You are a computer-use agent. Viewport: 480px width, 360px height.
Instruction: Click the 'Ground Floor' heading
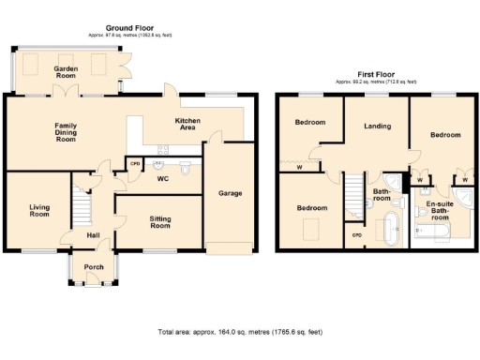tap(131, 29)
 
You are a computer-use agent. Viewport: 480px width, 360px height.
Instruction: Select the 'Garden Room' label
tap(66, 73)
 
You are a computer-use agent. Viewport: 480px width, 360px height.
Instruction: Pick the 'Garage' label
tap(231, 194)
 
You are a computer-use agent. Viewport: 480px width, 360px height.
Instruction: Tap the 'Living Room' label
tap(38, 209)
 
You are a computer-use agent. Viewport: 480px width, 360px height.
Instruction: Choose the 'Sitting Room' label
tap(160, 222)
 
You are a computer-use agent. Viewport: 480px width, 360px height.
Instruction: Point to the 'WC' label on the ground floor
tap(162, 178)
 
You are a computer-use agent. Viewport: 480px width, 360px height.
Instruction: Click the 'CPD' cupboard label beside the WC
tap(135, 165)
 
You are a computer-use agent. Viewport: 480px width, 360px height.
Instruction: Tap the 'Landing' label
tap(377, 126)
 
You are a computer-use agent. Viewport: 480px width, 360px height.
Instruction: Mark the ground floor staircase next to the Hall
tap(82, 201)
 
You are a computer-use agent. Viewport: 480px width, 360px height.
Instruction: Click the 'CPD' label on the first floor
tap(355, 234)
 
